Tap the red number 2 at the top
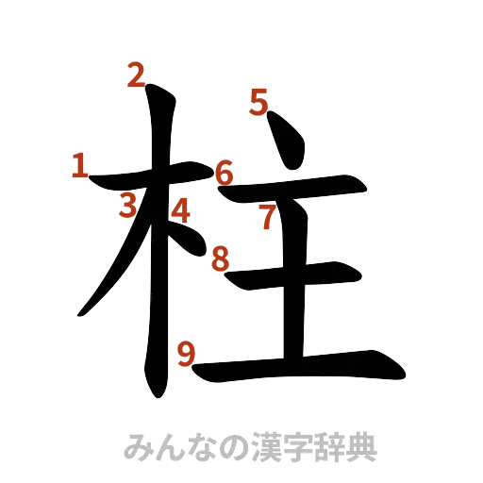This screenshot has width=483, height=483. (137, 75)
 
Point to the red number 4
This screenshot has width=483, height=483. (179, 210)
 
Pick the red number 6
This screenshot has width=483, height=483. (224, 173)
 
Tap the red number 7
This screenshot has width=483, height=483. (269, 216)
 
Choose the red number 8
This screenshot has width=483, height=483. (220, 257)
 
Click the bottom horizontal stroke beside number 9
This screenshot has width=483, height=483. (302, 366)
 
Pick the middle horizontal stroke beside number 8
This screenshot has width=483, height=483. (302, 275)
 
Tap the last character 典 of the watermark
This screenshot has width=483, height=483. (361, 446)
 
